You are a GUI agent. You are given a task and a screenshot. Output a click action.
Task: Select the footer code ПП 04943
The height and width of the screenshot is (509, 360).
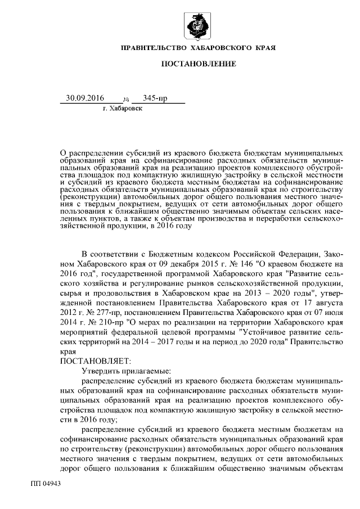coord(46,483)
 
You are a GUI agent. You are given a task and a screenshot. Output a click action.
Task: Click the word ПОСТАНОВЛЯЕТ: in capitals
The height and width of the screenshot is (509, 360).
coord(95,361)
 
